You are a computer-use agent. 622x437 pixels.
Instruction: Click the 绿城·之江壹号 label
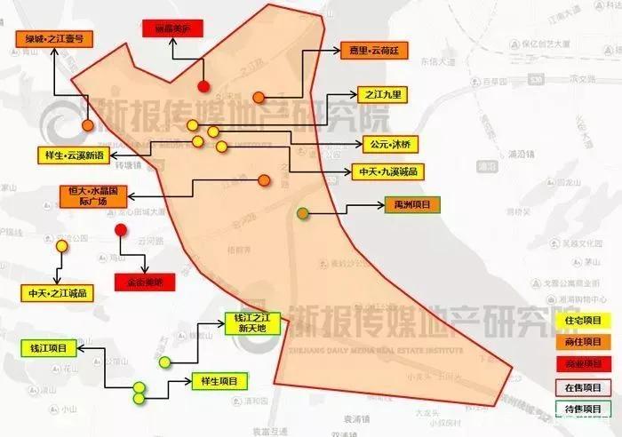(x=54, y=40)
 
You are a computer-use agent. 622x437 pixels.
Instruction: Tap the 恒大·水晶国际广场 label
(x=94, y=195)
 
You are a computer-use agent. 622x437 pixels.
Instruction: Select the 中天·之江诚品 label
(x=58, y=292)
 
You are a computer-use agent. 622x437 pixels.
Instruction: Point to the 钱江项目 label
(x=49, y=348)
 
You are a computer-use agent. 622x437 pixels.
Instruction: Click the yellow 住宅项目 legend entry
(x=584, y=321)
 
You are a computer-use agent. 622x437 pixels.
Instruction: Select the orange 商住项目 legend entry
(x=584, y=342)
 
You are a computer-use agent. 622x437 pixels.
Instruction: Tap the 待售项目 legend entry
(x=584, y=409)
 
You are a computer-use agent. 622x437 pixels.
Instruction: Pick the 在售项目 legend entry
(x=584, y=386)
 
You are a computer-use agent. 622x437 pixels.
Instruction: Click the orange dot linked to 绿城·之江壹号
(x=88, y=126)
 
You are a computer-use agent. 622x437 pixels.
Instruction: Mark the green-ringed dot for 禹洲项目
(x=303, y=213)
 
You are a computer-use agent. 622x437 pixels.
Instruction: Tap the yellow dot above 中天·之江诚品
(x=61, y=245)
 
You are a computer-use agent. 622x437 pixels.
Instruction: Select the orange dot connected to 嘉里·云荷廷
(x=259, y=97)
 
